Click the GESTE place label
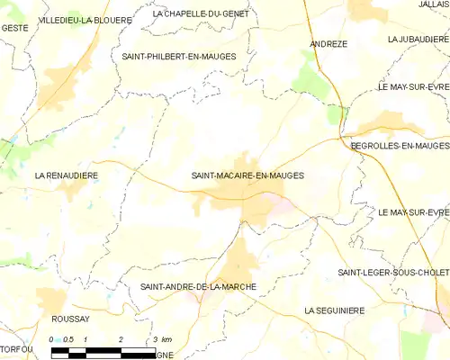pos(14,29)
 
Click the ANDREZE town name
pos(328,43)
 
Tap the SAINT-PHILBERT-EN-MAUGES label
pos(178,56)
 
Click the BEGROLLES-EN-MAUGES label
pos(400,145)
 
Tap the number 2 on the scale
pos(121,338)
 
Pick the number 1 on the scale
pos(85,338)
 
